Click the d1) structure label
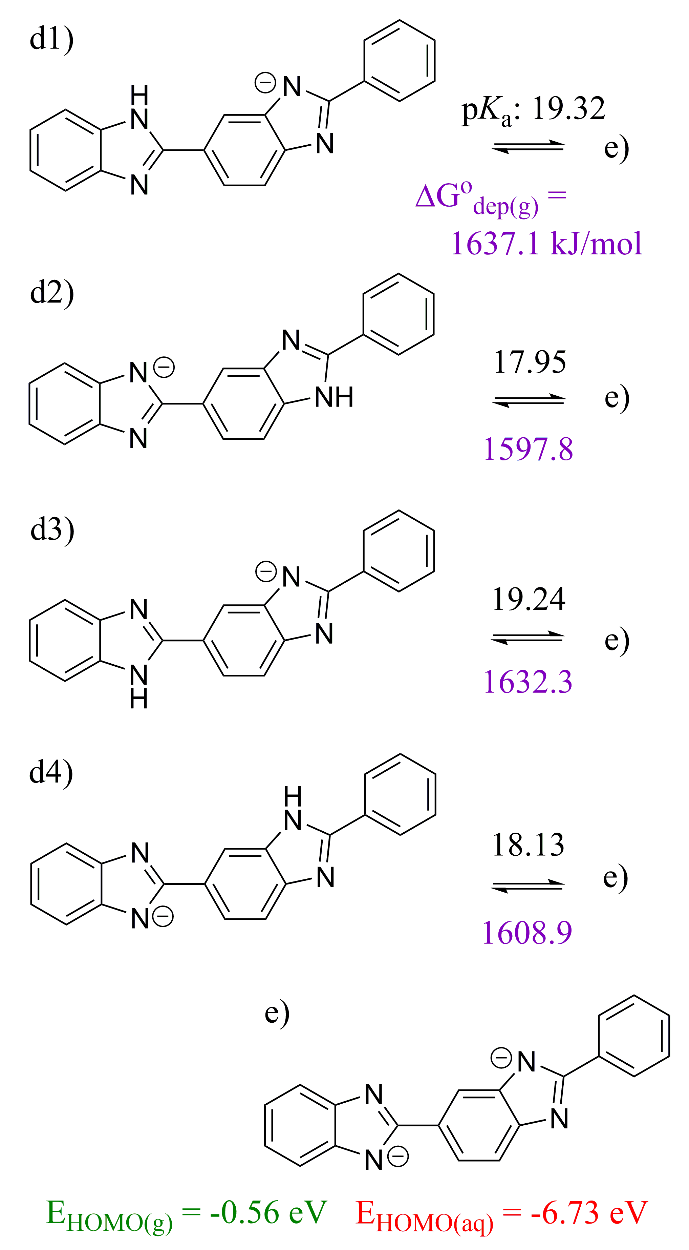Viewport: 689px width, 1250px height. pyautogui.click(x=51, y=39)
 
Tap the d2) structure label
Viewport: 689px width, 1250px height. pyautogui.click(x=52, y=292)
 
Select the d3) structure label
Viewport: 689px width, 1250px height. pyautogui.click(x=52, y=529)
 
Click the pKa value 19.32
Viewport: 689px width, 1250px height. pyautogui.click(x=568, y=108)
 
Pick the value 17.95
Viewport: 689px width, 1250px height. pyautogui.click(x=530, y=362)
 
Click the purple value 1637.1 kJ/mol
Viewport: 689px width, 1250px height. pyautogui.click(x=546, y=243)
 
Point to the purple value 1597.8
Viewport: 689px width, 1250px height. pyautogui.click(x=528, y=449)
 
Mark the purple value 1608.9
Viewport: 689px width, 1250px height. pyautogui.click(x=527, y=932)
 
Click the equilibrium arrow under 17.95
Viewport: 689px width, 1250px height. pyautogui.click(x=529, y=400)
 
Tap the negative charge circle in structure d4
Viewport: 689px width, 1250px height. pyautogui.click(x=163, y=917)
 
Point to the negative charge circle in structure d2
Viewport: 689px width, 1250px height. pyautogui.click(x=164, y=367)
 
